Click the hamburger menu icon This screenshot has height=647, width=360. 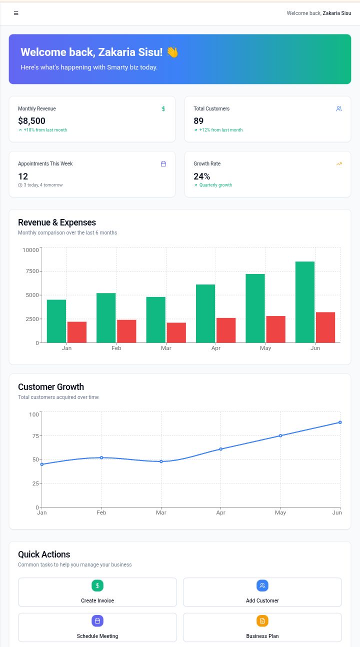click(x=16, y=13)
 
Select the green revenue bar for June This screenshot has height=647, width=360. click(x=305, y=302)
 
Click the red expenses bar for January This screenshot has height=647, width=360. click(x=77, y=332)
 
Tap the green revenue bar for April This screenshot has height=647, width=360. click(x=205, y=313)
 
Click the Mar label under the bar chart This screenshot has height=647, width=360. click(x=166, y=348)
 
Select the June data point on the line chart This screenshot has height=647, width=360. click(x=340, y=422)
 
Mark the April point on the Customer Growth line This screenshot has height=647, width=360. click(x=220, y=449)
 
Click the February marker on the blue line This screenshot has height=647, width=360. click(x=101, y=457)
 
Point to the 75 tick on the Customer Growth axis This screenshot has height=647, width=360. click(x=35, y=436)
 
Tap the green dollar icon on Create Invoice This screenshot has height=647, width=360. click(x=97, y=585)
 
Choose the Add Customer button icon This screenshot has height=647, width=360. click(x=262, y=585)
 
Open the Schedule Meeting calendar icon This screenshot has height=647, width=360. click(x=97, y=621)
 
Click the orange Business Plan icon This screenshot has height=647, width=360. click(x=262, y=621)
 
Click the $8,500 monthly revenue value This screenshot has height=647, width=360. click(x=31, y=120)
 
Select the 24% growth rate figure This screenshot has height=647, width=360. click(x=201, y=176)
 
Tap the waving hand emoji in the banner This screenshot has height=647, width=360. click(x=172, y=52)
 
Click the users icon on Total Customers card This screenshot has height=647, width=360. click(x=339, y=108)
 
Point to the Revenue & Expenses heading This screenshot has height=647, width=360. click(x=57, y=222)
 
